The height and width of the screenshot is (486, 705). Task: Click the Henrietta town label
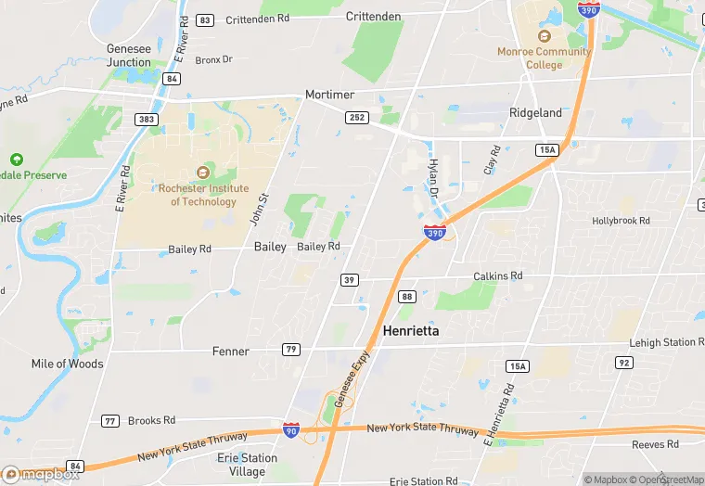(410, 330)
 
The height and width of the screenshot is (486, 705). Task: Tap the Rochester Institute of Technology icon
(203, 173)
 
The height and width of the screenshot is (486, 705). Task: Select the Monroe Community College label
(544, 58)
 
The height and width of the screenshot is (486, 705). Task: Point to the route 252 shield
(357, 118)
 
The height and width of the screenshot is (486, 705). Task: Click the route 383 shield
(146, 120)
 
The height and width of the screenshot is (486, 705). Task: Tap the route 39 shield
(349, 280)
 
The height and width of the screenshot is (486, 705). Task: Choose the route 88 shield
(407, 296)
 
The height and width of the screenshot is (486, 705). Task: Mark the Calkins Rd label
(498, 275)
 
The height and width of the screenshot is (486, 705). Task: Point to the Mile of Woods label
(68, 364)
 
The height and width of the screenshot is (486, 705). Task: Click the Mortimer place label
(330, 96)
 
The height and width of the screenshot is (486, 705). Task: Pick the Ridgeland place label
(535, 112)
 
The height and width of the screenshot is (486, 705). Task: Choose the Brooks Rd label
(151, 420)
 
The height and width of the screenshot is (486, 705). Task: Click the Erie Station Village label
(247, 465)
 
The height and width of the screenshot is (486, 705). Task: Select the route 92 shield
(624, 363)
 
